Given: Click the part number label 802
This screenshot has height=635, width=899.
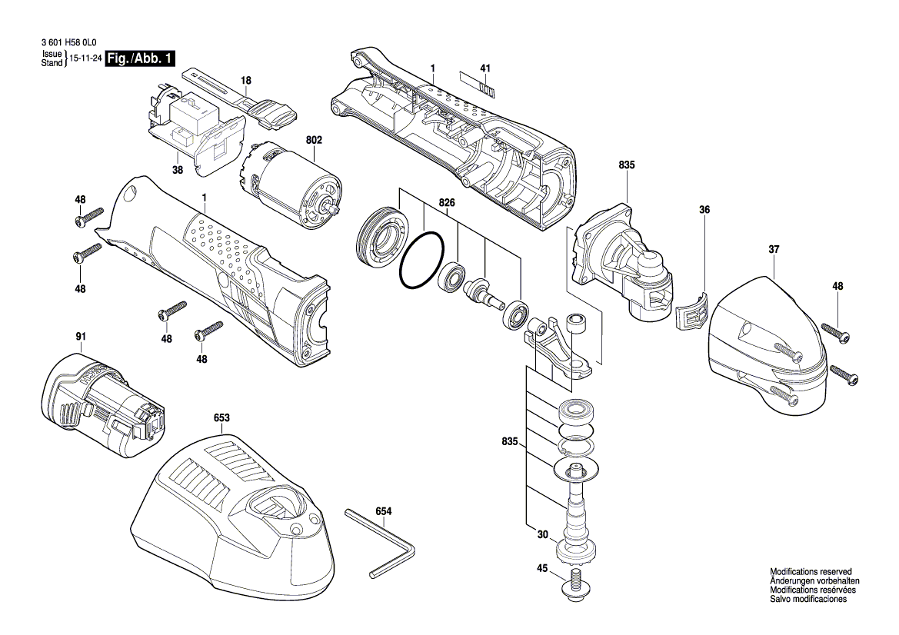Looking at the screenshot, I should pyautogui.click(x=314, y=141).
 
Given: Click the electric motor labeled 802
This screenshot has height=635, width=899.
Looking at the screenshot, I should pyautogui.click(x=289, y=185).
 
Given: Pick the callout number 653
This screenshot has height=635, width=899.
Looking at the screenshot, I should pyautogui.click(x=222, y=418).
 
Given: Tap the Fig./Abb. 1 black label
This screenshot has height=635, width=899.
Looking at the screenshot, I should pyautogui.click(x=141, y=58).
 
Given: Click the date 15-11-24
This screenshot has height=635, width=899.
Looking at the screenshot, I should pyautogui.click(x=86, y=58).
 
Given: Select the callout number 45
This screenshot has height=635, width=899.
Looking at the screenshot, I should pyautogui.click(x=542, y=570).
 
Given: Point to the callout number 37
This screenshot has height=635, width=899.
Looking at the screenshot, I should pyautogui.click(x=774, y=249).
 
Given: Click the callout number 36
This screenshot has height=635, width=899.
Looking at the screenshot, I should pyautogui.click(x=704, y=209).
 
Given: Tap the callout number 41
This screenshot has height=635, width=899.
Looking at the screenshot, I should pyautogui.click(x=484, y=68).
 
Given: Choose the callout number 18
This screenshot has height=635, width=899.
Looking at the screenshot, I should pyautogui.click(x=245, y=80).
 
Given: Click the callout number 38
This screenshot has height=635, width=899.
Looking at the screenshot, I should pyautogui.click(x=178, y=170).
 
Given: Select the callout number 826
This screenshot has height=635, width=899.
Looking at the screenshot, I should pyautogui.click(x=447, y=202).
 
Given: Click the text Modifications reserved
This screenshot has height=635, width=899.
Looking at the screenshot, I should pyautogui.click(x=811, y=572).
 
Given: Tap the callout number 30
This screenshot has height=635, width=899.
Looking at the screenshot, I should pyautogui.click(x=542, y=535).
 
